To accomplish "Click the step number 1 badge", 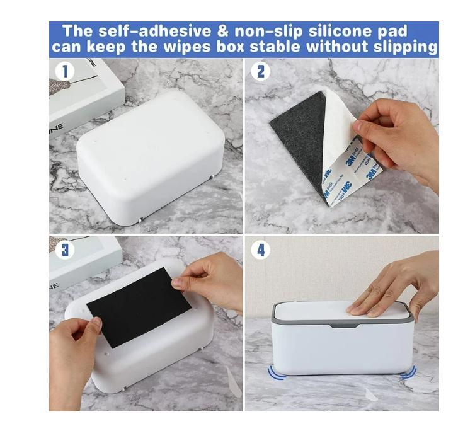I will coord(64,71).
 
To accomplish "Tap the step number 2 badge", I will coord(260,71).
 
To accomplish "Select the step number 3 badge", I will coord(64,250).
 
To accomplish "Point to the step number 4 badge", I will coord(260,250).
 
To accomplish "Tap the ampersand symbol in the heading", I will coord(222,31).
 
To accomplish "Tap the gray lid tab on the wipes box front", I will coord(342,326).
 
